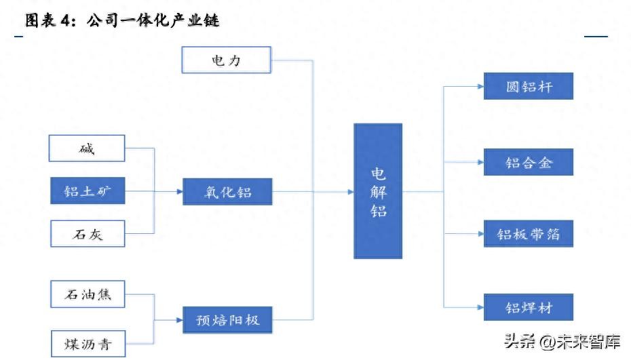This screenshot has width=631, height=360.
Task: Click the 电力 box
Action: pos(227,60)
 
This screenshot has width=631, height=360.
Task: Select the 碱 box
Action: pos(88,148)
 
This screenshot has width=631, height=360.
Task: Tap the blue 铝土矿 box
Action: pos(88,192)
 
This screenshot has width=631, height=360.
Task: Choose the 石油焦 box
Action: pos(88,295)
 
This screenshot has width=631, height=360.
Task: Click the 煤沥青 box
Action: pos(88,340)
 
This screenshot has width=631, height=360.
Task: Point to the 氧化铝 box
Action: pos(227,192)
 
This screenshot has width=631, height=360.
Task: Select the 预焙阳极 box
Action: pos(227,319)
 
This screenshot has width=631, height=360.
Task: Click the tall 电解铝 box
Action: pos(378,191)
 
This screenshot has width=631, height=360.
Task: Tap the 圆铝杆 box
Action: pos(529,87)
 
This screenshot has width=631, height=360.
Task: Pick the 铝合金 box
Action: pos(529,162)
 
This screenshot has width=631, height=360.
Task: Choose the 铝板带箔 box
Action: pos(529,234)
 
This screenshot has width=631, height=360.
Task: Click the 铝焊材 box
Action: pos(529,307)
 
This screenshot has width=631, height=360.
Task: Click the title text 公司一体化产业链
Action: pos(153,20)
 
